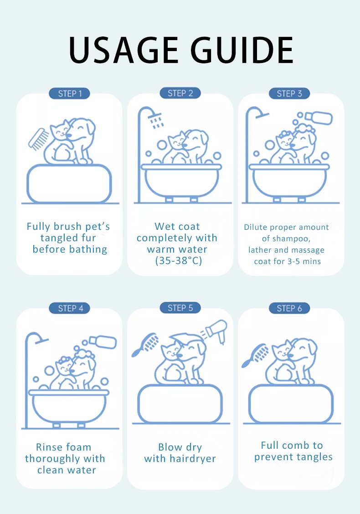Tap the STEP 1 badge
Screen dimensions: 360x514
point(69,93)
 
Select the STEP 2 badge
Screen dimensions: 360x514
point(180,93)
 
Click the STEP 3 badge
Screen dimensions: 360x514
point(289,93)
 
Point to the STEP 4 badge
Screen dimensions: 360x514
point(69,308)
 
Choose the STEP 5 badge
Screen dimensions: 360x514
point(180,308)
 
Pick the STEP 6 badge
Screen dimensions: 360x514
point(289,308)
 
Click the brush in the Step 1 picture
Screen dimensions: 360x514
point(38,139)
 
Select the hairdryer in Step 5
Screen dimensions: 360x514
point(216,330)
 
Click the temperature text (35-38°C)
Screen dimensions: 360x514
point(179,260)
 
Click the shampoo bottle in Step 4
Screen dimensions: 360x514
point(103,342)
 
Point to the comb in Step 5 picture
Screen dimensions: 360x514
point(145,345)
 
